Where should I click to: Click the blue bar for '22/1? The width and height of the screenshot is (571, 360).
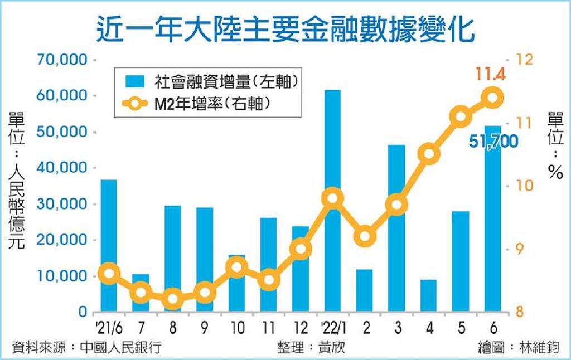pyautogui.click(x=332, y=201)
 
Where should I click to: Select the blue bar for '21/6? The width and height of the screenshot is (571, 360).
pyautogui.click(x=109, y=246)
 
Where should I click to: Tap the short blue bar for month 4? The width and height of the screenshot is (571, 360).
pyautogui.click(x=428, y=295)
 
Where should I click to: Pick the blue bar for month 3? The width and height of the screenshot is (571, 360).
pyautogui.click(x=396, y=228)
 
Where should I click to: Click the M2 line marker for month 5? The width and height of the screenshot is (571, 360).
pyautogui.click(x=461, y=116)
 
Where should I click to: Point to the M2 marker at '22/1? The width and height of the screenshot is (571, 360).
pyautogui.click(x=332, y=199)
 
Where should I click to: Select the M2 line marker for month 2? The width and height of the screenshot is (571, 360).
pyautogui.click(x=365, y=236)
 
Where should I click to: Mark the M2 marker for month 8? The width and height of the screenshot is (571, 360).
pyautogui.click(x=173, y=299)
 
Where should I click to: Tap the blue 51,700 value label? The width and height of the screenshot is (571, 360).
pyautogui.click(x=493, y=141)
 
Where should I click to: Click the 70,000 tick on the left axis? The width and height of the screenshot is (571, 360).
pyautogui.click(x=62, y=59)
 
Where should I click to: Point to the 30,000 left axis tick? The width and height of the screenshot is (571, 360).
pyautogui.click(x=62, y=204)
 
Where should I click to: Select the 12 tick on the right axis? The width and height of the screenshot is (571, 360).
pyautogui.click(x=525, y=60)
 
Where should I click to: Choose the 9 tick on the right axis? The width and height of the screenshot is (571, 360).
pyautogui.click(x=520, y=249)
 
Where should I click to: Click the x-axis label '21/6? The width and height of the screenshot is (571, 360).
pyautogui.click(x=109, y=328)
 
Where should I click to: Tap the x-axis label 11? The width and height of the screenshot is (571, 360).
pyautogui.click(x=268, y=328)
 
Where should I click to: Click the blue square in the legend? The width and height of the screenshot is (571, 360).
pyautogui.click(x=135, y=81)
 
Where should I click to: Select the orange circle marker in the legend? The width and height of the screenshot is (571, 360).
pyautogui.click(x=135, y=104)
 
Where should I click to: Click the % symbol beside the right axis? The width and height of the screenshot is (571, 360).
pyautogui.click(x=555, y=171)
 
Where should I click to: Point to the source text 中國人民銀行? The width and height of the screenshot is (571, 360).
pyautogui.click(x=121, y=347)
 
